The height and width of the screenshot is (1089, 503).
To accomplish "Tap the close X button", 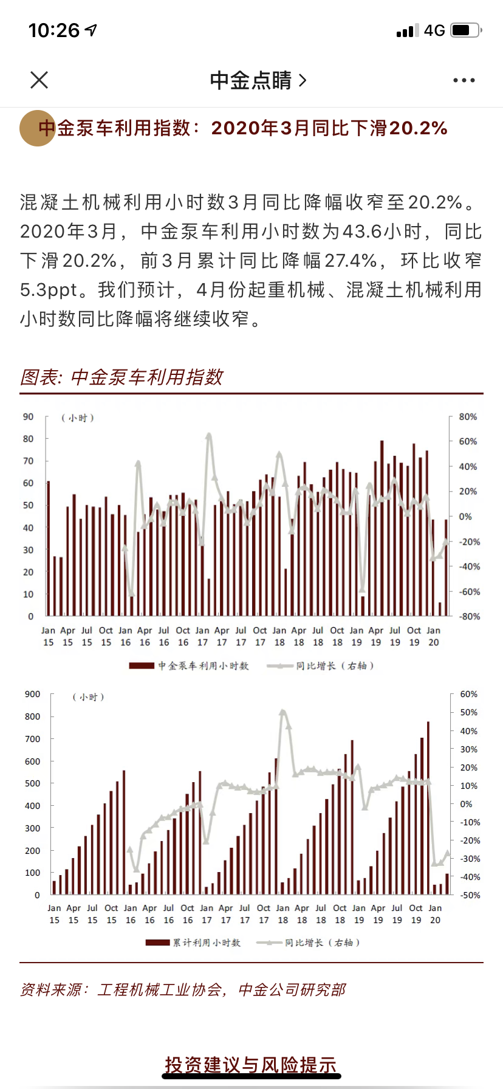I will [x=39, y=80].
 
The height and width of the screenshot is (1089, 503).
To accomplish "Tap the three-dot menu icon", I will [x=464, y=80].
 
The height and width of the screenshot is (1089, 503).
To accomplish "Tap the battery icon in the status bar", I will [x=466, y=30].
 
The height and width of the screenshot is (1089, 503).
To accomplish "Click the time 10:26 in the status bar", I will [x=54, y=30].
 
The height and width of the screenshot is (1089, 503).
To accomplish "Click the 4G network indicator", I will [x=434, y=30].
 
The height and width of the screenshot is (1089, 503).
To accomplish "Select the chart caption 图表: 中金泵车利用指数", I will [x=121, y=377].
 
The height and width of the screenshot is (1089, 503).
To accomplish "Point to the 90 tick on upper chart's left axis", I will [x=29, y=417].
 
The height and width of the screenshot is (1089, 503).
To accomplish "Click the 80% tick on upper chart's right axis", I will [x=468, y=417].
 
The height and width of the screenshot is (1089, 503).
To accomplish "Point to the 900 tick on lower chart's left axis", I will [x=33, y=694].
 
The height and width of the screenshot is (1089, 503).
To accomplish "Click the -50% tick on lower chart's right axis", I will [x=470, y=895].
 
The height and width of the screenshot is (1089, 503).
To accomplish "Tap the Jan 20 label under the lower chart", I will [x=435, y=914].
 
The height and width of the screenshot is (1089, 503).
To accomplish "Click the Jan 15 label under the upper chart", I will [x=49, y=636].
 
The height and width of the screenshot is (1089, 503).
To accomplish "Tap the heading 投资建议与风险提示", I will [x=251, y=1065].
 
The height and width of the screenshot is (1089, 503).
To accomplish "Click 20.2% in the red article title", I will [x=418, y=128].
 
